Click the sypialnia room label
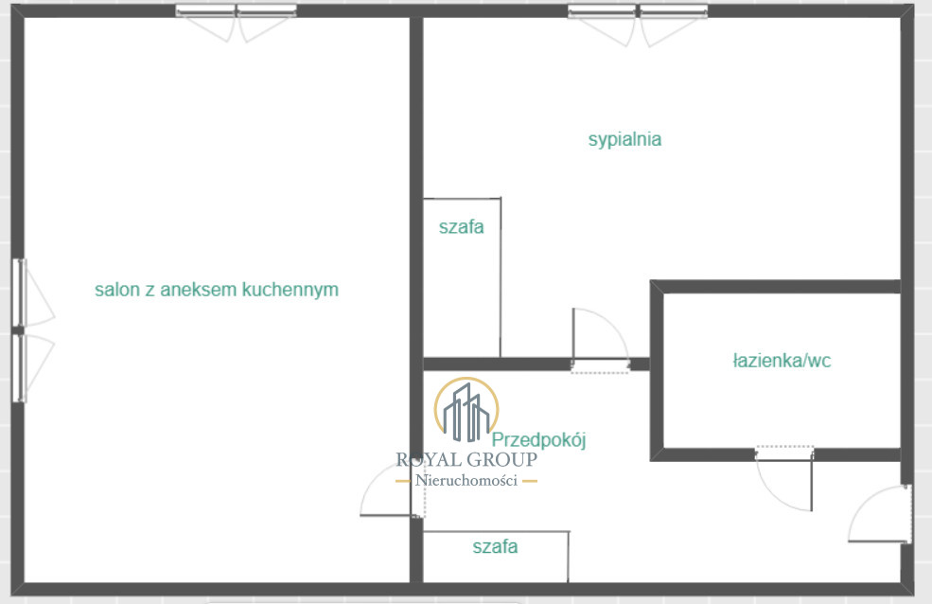[x=624, y=140]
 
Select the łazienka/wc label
[x=782, y=361]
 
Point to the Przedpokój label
[x=538, y=440]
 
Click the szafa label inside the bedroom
[x=461, y=226]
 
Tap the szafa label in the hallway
[x=495, y=546]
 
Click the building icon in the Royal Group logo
[x=466, y=413]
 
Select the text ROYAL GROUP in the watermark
[x=466, y=459]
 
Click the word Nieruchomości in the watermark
[x=466, y=480]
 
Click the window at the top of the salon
[x=237, y=10]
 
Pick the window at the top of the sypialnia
[x=638, y=11]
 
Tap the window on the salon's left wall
[x=20, y=330]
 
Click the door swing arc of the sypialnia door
[x=613, y=323]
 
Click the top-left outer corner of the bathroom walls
[x=650, y=280]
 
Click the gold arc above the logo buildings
[x=466, y=378]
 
